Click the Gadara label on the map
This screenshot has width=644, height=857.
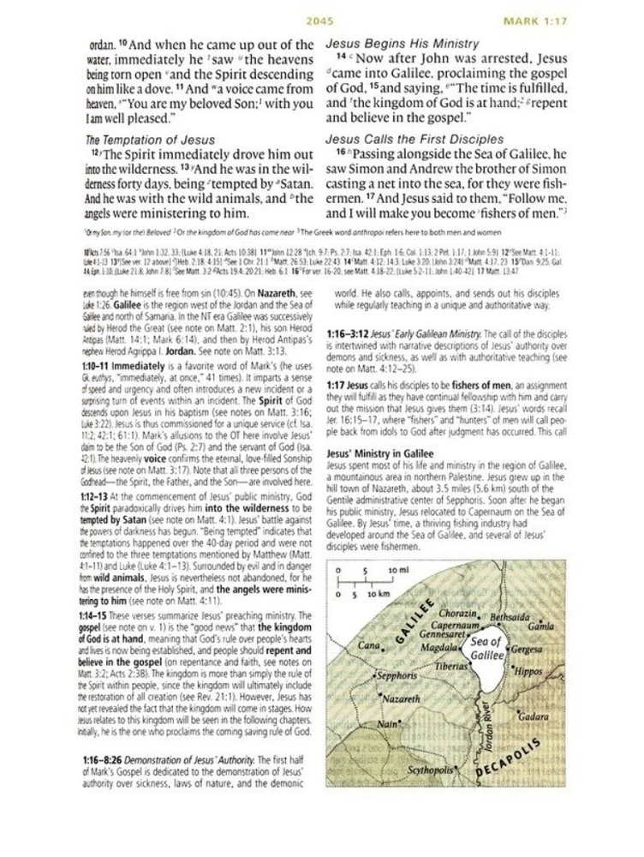coord(533,716)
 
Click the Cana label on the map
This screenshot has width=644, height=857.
coord(368,644)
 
